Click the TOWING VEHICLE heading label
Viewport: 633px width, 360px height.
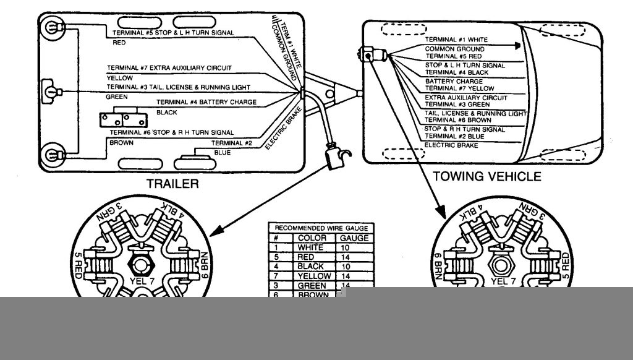[x=486, y=177]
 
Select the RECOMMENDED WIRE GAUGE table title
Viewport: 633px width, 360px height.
[x=320, y=228]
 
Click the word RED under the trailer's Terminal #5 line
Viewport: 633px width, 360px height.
[x=119, y=44]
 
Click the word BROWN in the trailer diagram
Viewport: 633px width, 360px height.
[x=121, y=143]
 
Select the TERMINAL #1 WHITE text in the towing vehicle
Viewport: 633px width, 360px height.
[x=456, y=40]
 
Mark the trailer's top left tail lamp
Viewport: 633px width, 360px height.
[x=50, y=28]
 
